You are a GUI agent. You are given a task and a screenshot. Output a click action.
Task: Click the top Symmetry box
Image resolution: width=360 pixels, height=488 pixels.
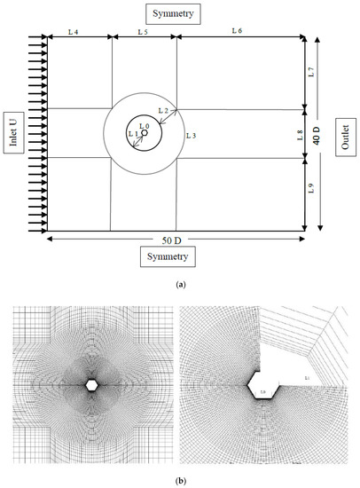point(176,13)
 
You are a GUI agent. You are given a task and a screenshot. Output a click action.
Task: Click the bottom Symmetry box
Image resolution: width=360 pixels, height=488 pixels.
point(176,256)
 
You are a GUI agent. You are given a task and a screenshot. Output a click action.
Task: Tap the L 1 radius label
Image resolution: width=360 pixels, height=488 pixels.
point(132,134)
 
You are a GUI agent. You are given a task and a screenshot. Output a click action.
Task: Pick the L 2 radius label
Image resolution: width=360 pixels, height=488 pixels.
point(162,111)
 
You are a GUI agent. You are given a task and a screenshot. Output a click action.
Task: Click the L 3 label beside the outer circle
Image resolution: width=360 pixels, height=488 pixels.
point(190,136)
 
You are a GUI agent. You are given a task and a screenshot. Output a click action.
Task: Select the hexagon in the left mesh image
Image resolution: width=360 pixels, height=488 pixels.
point(91,384)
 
